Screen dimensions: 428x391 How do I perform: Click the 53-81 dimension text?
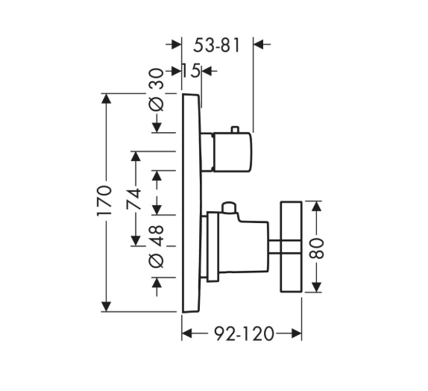point(216,45)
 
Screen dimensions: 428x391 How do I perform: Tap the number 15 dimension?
point(191,71)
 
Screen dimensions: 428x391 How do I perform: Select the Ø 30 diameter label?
point(157,90)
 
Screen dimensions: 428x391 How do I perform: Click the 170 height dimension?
point(104,201)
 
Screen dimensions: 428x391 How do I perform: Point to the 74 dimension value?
point(133,198)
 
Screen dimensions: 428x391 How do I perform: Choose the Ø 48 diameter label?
point(157,246)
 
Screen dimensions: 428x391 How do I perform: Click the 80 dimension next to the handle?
point(316,248)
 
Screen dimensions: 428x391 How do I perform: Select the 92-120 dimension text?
point(244,334)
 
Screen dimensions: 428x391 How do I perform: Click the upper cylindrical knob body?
point(232,152)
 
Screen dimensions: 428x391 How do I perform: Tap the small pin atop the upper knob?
point(235,130)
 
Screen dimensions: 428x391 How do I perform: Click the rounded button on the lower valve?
point(229,207)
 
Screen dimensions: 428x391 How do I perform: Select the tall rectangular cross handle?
point(292,247)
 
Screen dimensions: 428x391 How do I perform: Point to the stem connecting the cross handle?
point(274,247)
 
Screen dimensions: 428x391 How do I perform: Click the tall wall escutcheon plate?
point(192,203)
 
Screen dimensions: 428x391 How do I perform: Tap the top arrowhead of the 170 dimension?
point(106,98)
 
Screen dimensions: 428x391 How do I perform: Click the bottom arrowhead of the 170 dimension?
point(106,307)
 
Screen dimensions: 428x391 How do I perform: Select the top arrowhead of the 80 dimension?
point(316,206)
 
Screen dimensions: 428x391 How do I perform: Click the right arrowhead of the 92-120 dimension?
point(297,334)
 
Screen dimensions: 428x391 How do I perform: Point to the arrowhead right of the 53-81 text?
point(259,44)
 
